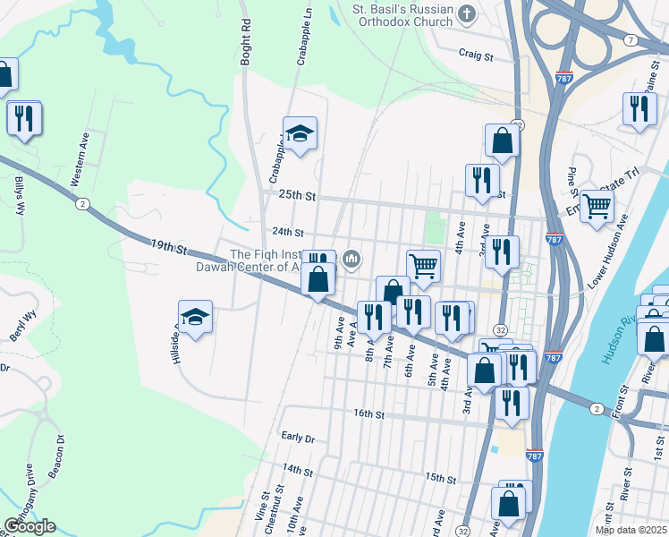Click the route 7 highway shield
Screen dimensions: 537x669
click(x=631, y=40)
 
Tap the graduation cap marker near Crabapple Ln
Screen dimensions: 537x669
click(x=301, y=134)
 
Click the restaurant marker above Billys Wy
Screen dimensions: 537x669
click(x=23, y=117)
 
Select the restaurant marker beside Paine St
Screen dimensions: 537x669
click(x=639, y=108)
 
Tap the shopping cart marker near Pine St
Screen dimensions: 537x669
click(x=597, y=206)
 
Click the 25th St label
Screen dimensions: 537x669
click(x=297, y=195)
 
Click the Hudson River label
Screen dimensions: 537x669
click(x=620, y=340)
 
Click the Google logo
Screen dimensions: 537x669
click(x=29, y=526)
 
